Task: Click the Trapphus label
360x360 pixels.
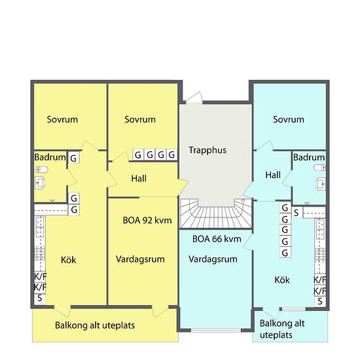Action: point(207,150)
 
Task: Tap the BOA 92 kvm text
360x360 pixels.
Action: point(147,220)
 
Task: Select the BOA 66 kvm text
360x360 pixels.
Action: point(217,239)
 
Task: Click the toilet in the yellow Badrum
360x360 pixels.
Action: point(42,170)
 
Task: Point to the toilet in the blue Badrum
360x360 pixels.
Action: point(319,168)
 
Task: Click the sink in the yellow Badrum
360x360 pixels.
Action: point(40,183)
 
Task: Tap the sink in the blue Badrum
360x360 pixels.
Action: point(321,184)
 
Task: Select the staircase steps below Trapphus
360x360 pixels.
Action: point(215,213)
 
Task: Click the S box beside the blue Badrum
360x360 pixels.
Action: point(297,213)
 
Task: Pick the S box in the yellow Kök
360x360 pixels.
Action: point(40,298)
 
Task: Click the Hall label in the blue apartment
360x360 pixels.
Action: point(273,175)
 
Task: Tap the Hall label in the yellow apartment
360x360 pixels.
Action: point(139,179)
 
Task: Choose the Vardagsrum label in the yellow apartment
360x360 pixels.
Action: point(140,259)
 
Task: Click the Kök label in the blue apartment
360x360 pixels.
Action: point(282,280)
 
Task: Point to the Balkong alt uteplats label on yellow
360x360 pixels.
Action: point(95,325)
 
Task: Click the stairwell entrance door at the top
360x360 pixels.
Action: point(194,98)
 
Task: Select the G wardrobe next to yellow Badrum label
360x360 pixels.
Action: point(73,158)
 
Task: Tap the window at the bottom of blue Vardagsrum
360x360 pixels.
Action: point(216,330)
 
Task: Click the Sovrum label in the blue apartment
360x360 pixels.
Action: point(289,119)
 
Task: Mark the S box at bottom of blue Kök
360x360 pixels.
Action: point(320,301)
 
